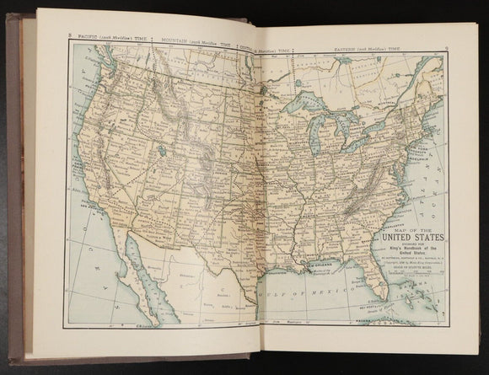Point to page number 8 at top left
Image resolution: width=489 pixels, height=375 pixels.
69,35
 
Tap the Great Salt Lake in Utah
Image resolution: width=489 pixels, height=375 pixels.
158,154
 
